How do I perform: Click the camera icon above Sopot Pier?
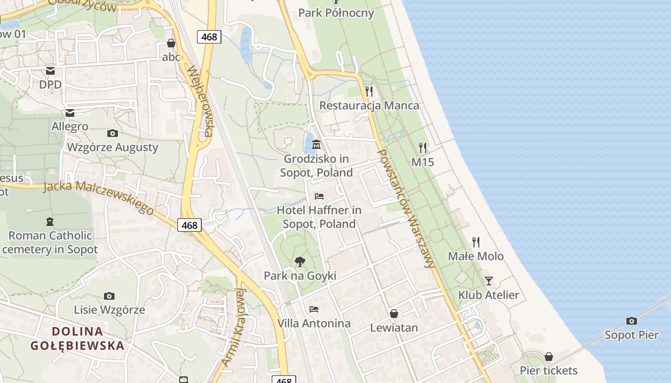click(x=632, y=321)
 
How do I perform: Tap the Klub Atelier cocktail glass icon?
click(x=488, y=281)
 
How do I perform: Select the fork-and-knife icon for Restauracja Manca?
click(x=369, y=91)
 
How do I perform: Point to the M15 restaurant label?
click(x=423, y=162)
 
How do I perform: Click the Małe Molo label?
click(x=475, y=256)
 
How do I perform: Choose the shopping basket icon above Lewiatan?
click(x=393, y=314)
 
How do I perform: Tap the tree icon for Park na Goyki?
click(x=300, y=261)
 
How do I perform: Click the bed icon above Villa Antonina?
click(x=314, y=309)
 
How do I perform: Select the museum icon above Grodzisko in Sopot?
click(x=316, y=144)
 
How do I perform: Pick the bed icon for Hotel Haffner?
click(x=319, y=196)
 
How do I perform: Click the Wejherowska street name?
click(x=200, y=101)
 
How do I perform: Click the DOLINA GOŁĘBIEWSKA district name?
click(x=77, y=338)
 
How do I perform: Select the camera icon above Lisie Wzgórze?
click(x=109, y=296)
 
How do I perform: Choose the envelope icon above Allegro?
click(x=70, y=113)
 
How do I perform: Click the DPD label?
click(x=50, y=84)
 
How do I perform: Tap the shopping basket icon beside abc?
click(x=171, y=43)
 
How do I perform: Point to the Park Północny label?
click(x=336, y=12)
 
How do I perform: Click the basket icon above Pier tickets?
click(x=549, y=357)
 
